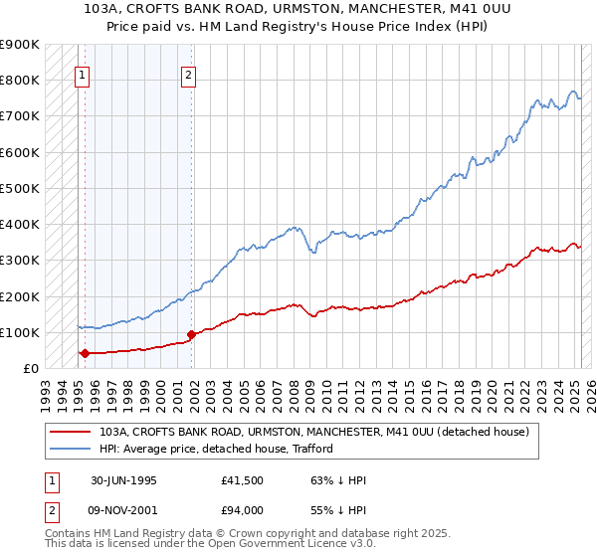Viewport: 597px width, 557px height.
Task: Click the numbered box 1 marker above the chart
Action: [81, 73]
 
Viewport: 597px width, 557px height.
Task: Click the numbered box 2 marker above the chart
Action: [188, 73]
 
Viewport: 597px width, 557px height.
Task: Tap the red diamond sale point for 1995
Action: [86, 353]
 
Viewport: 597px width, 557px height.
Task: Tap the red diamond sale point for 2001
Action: [191, 334]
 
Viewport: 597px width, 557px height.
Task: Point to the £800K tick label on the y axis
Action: [20, 80]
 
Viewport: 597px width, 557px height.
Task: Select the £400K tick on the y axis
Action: [20, 224]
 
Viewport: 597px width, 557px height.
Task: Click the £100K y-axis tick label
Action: [20, 332]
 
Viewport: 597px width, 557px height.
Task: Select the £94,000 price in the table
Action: [243, 510]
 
